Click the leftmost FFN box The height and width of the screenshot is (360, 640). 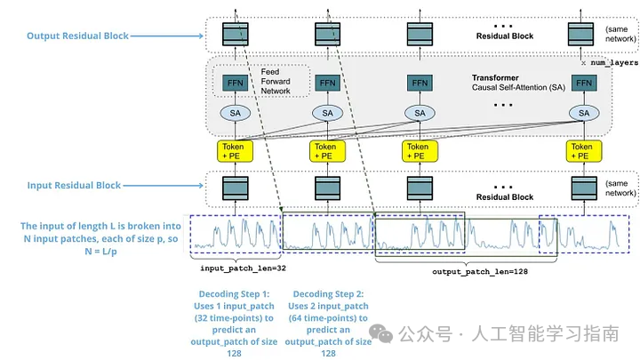click(x=235, y=84)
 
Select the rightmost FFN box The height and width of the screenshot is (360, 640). click(x=584, y=84)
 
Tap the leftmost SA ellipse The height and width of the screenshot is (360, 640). click(x=235, y=113)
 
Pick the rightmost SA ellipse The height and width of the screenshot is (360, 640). click(x=584, y=113)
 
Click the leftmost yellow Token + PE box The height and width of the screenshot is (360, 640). click(x=235, y=151)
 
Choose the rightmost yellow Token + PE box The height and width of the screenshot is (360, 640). click(x=584, y=151)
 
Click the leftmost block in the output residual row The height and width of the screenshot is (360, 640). click(x=235, y=35)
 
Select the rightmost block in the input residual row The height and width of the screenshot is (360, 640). click(x=584, y=188)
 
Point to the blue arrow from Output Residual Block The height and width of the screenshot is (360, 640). click(x=166, y=36)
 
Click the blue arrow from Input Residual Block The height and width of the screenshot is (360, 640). click(x=163, y=185)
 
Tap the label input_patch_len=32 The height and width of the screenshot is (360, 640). click(x=243, y=268)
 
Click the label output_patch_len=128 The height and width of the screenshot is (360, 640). click(x=480, y=272)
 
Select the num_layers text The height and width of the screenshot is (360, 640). click(x=614, y=63)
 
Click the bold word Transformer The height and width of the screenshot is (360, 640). click(x=495, y=77)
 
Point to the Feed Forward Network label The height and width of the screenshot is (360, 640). click(x=276, y=81)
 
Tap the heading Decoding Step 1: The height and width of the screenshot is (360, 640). click(x=234, y=294)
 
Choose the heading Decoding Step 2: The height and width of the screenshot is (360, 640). click(x=328, y=294)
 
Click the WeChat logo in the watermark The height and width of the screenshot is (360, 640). click(x=380, y=334)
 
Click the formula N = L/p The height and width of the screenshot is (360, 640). click(x=100, y=252)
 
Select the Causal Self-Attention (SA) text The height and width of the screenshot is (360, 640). click(x=518, y=87)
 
